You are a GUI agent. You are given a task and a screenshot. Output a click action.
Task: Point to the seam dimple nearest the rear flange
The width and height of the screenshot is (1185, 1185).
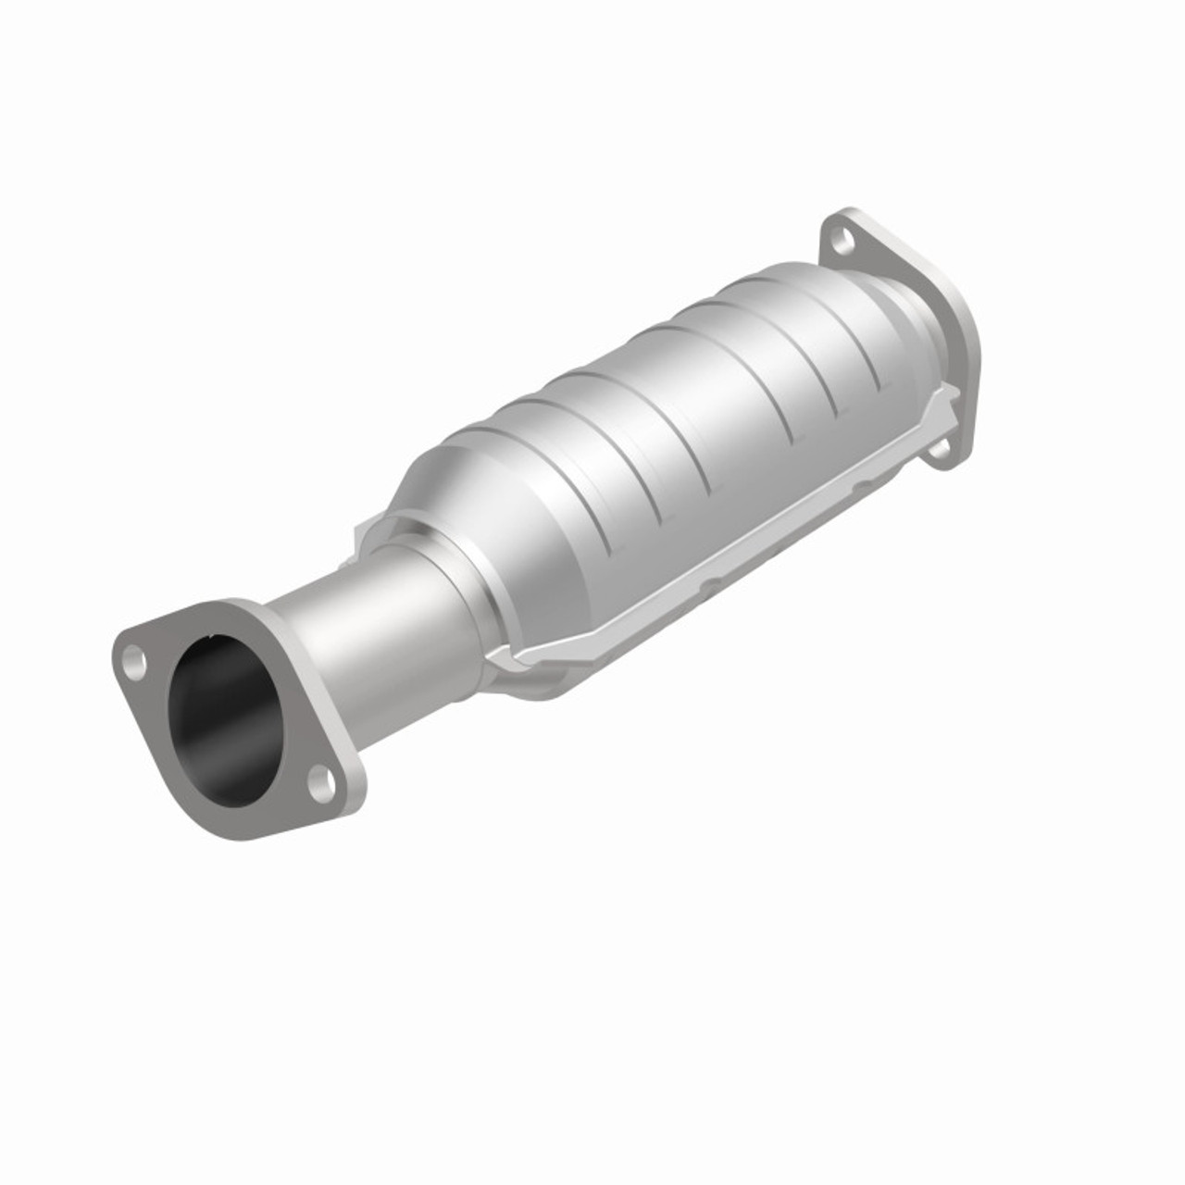click(x=862, y=483)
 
